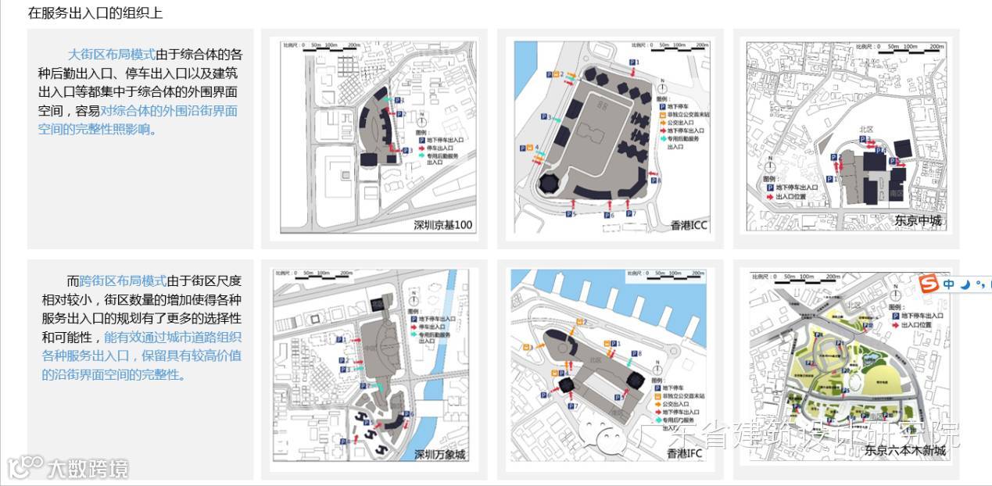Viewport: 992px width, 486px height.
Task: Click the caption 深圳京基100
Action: tap(442, 226)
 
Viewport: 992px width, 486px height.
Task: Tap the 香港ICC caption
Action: tap(689, 226)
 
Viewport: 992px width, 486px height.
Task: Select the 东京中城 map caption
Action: tap(919, 221)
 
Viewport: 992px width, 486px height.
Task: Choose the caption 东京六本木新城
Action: tap(904, 450)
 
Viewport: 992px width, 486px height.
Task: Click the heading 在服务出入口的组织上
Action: tap(95, 13)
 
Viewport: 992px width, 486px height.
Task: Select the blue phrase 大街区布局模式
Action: tap(111, 55)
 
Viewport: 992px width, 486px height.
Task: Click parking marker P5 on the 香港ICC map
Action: tap(569, 213)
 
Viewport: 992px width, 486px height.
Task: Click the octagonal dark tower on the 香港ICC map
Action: tap(550, 184)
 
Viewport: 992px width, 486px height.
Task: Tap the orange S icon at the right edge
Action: tap(929, 284)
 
